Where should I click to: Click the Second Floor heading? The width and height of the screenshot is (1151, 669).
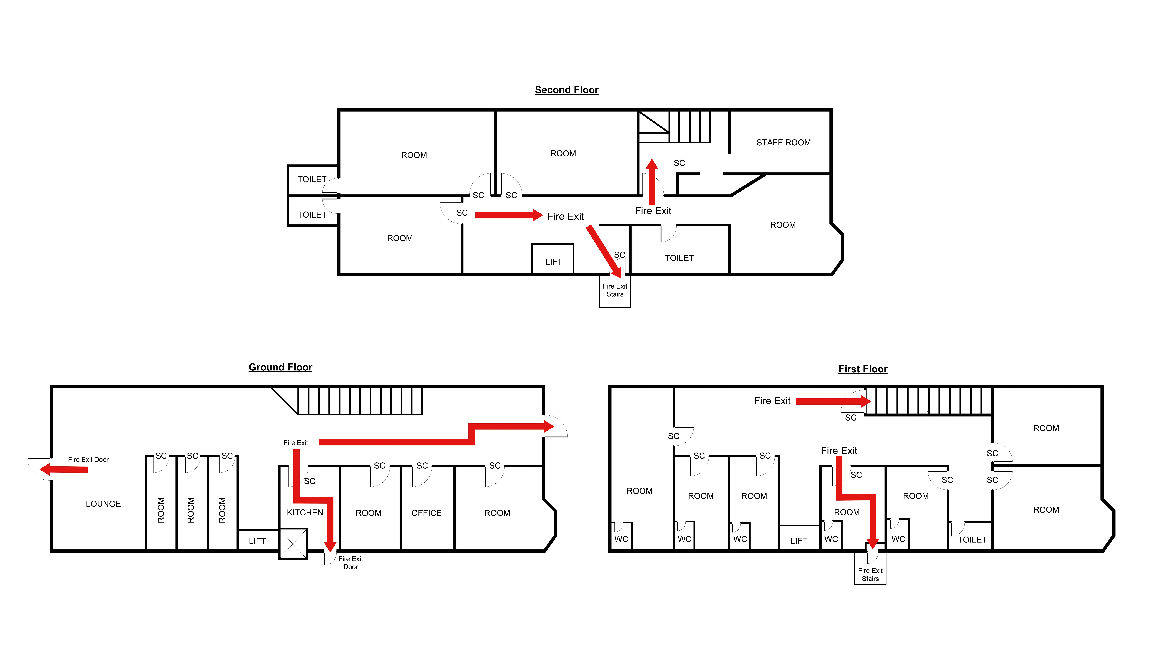[x=566, y=90]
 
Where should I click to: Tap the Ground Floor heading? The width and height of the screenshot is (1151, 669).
[x=280, y=367]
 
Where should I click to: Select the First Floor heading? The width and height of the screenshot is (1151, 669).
[x=862, y=369]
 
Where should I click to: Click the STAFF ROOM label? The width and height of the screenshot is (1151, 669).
[x=783, y=143]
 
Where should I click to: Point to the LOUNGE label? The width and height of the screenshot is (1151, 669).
[x=103, y=504]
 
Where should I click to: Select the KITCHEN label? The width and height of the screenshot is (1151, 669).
[x=305, y=512]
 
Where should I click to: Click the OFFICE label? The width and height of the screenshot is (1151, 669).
[x=426, y=513]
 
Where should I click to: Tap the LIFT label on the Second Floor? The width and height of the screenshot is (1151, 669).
[x=553, y=262]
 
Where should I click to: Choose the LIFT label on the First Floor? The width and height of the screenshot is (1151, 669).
[x=798, y=541]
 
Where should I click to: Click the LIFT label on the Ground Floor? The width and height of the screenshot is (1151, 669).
[x=257, y=541]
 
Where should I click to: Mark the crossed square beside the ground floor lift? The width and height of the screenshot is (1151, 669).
[x=293, y=543]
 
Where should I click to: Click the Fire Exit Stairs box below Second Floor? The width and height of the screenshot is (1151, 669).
[x=615, y=290]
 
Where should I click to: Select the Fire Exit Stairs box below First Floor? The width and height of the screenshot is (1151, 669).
[x=870, y=575]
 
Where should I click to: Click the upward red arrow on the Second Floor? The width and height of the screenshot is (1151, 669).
[x=652, y=182]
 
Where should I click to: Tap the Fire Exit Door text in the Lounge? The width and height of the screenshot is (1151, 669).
[x=88, y=459]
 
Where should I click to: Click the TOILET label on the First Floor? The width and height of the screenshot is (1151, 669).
[x=972, y=540]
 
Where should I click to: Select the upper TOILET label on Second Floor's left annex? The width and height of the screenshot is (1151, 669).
[x=312, y=180]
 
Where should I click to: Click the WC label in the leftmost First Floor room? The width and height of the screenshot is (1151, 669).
[x=621, y=539]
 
